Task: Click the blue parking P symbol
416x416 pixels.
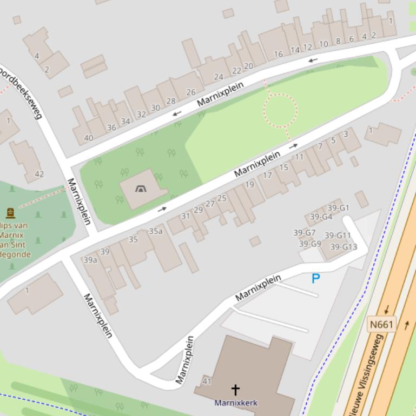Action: coord(315,279)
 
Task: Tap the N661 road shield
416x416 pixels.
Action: coord(381,325)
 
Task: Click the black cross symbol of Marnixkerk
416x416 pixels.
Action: coord(235,389)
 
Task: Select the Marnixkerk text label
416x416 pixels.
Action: coord(236,402)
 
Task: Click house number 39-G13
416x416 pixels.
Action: coord(344,247)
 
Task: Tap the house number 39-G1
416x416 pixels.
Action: coord(338,208)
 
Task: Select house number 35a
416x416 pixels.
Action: coord(156,231)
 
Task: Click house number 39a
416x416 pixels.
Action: coord(90,260)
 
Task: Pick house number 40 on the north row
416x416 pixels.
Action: coord(88,138)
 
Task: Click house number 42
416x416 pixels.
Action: coord(39,174)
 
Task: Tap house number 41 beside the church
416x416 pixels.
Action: coord(207,381)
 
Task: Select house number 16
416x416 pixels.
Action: coord(278,54)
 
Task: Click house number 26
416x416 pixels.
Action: coord(191,92)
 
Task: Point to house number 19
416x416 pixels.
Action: coord(249,184)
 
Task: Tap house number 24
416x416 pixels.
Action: coord(219,77)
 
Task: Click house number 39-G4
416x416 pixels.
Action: coord(321,217)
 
